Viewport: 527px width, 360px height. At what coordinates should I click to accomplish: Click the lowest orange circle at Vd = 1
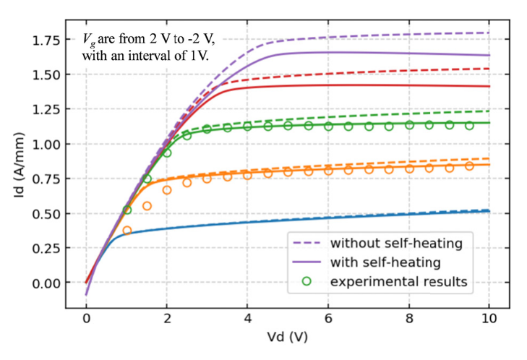coord(127,231)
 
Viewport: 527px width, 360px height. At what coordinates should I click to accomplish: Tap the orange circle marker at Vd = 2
coord(167,190)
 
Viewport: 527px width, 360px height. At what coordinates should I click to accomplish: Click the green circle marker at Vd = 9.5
coord(469,125)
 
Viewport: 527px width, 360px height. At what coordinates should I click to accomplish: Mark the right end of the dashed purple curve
coord(489,33)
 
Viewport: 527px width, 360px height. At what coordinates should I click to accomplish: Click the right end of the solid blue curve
coord(489,211)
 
